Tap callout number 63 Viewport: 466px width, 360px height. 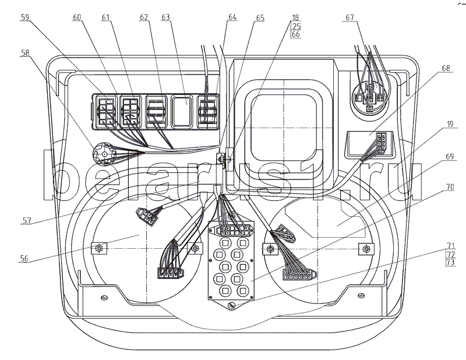166,18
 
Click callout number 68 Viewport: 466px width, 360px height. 446,69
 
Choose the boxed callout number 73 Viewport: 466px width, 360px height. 450,263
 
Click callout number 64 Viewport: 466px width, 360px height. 233,18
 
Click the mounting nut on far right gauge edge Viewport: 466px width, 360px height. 367,249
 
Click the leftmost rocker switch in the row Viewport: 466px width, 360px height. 107,111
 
